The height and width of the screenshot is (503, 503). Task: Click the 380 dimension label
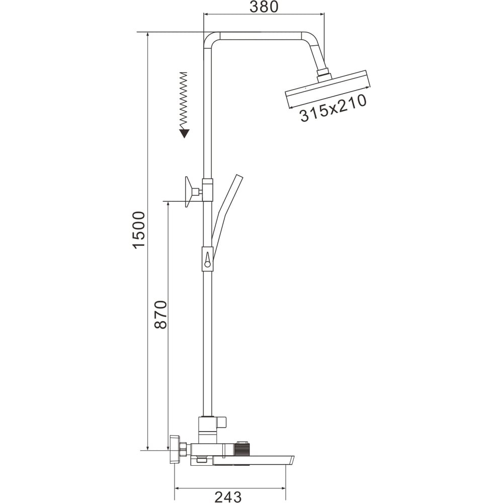264,7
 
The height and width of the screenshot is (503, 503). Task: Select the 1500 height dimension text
139,230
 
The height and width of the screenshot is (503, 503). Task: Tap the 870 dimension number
161,314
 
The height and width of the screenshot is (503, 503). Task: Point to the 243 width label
228,496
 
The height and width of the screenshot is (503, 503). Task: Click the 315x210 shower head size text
333,108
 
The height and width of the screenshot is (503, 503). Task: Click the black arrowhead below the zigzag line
184,133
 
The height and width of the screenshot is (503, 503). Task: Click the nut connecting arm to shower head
323,76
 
